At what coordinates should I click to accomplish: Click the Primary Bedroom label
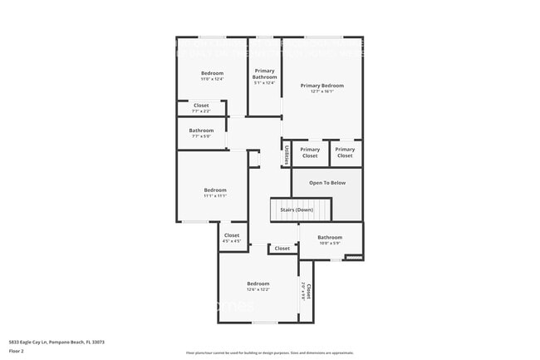[x=322, y=86]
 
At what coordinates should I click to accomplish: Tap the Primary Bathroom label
[x=264, y=74]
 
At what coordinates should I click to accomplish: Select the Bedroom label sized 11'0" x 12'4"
[x=212, y=73]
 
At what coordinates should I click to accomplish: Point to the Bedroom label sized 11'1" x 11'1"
[x=214, y=190]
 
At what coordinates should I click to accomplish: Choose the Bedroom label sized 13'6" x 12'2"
[x=258, y=284]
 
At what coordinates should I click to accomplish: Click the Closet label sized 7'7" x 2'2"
[x=201, y=106]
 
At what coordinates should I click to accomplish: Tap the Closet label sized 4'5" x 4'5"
[x=232, y=235]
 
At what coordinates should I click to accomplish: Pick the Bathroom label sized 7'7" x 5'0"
[x=201, y=131]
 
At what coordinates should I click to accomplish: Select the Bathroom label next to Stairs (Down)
[x=329, y=237]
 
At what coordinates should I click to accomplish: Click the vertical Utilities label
[x=287, y=155]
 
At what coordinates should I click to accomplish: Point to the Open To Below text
[x=327, y=183]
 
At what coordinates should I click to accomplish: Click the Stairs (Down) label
[x=301, y=210]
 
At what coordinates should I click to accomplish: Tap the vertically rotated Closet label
[x=308, y=291]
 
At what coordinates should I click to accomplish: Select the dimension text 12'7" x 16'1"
[x=322, y=91]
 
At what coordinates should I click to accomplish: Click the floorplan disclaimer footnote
[x=269, y=353]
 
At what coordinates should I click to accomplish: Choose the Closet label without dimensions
[x=282, y=248]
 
